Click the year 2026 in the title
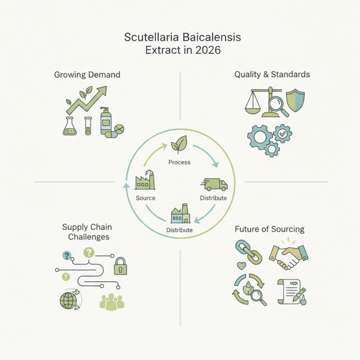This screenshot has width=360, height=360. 208,50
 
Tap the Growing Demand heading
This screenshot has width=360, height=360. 87,75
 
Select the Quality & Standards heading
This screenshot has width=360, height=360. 272,74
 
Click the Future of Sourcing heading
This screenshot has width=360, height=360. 270,229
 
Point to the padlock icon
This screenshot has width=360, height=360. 121,266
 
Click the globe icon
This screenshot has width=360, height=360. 68,301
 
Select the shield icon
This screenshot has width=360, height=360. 295,100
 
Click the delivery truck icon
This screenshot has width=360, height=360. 214,184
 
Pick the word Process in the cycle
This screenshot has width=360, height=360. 179,162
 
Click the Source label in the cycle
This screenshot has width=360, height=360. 145,198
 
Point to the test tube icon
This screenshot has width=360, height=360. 88,126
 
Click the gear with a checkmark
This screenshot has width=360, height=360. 283,134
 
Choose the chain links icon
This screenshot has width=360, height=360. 249,252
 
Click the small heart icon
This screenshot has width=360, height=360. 241,266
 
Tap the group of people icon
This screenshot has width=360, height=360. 112,302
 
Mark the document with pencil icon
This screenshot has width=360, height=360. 292,292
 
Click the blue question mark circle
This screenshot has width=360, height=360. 67,255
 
